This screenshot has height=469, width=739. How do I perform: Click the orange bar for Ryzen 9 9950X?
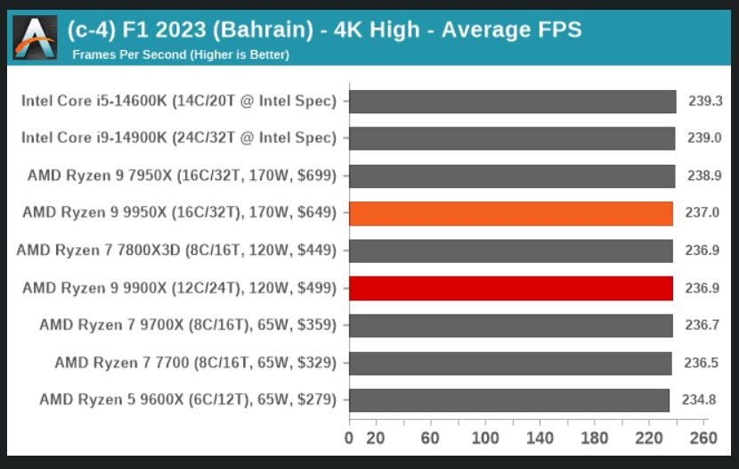point(511,213)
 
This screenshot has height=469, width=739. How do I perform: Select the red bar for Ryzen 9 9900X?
point(511,288)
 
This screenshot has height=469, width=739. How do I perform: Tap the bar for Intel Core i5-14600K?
point(512,102)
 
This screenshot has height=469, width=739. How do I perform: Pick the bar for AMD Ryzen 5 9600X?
point(509,399)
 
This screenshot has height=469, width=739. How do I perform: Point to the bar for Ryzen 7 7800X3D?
point(511,251)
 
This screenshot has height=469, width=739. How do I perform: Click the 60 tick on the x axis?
point(430,438)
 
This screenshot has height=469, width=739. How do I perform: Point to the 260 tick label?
point(703,438)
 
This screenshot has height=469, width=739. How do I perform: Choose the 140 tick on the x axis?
point(540,438)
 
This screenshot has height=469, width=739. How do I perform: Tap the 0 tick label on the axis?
point(349,438)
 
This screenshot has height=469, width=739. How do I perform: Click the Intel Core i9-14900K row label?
point(179,138)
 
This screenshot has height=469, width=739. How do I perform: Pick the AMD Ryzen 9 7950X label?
point(182,176)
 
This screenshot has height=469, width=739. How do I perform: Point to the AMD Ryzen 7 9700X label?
point(188,325)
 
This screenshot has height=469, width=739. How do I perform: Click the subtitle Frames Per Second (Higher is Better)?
point(181,54)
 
